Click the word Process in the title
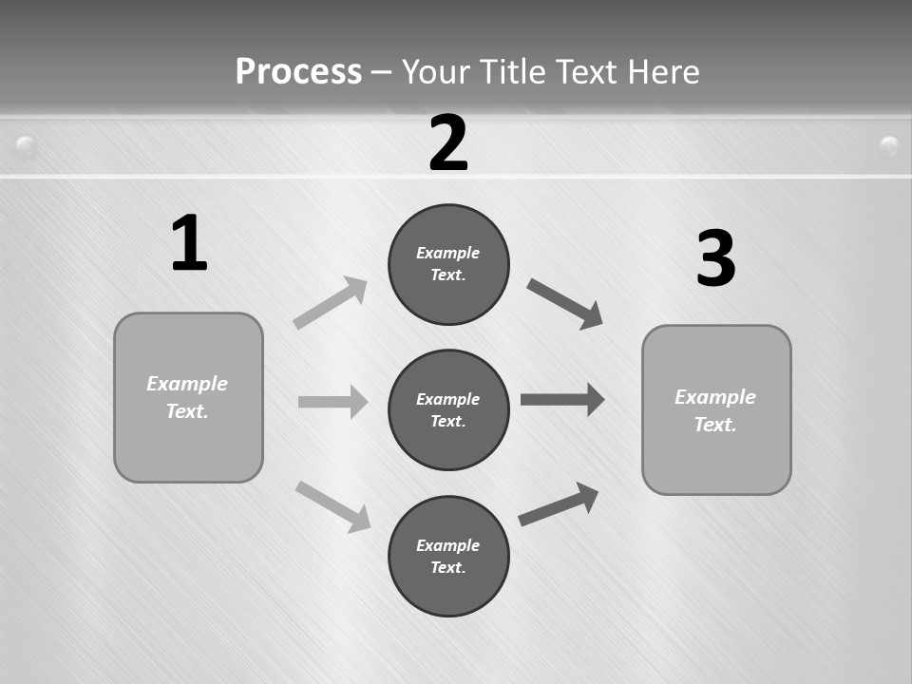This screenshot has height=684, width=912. (298, 71)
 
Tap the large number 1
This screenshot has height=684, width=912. (189, 243)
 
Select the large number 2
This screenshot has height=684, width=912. (448, 142)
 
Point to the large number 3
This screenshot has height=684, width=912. (715, 258)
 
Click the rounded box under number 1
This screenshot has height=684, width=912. (188, 397)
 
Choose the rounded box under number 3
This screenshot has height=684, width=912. (716, 409)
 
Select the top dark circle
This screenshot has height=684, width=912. (448, 264)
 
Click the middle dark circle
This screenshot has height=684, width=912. (448, 409)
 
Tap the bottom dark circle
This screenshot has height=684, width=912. (448, 556)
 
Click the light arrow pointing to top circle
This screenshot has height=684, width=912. (331, 302)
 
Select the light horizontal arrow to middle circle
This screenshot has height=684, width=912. (332, 402)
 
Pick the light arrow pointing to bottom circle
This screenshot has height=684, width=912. (333, 506)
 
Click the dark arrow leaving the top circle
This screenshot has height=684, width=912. (565, 303)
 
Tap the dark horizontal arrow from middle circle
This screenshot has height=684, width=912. (562, 399)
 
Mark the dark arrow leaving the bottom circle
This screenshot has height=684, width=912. (560, 503)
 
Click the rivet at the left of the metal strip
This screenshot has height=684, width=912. (27, 146)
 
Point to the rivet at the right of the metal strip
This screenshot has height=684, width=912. (889, 145)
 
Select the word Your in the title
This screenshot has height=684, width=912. (432, 71)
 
